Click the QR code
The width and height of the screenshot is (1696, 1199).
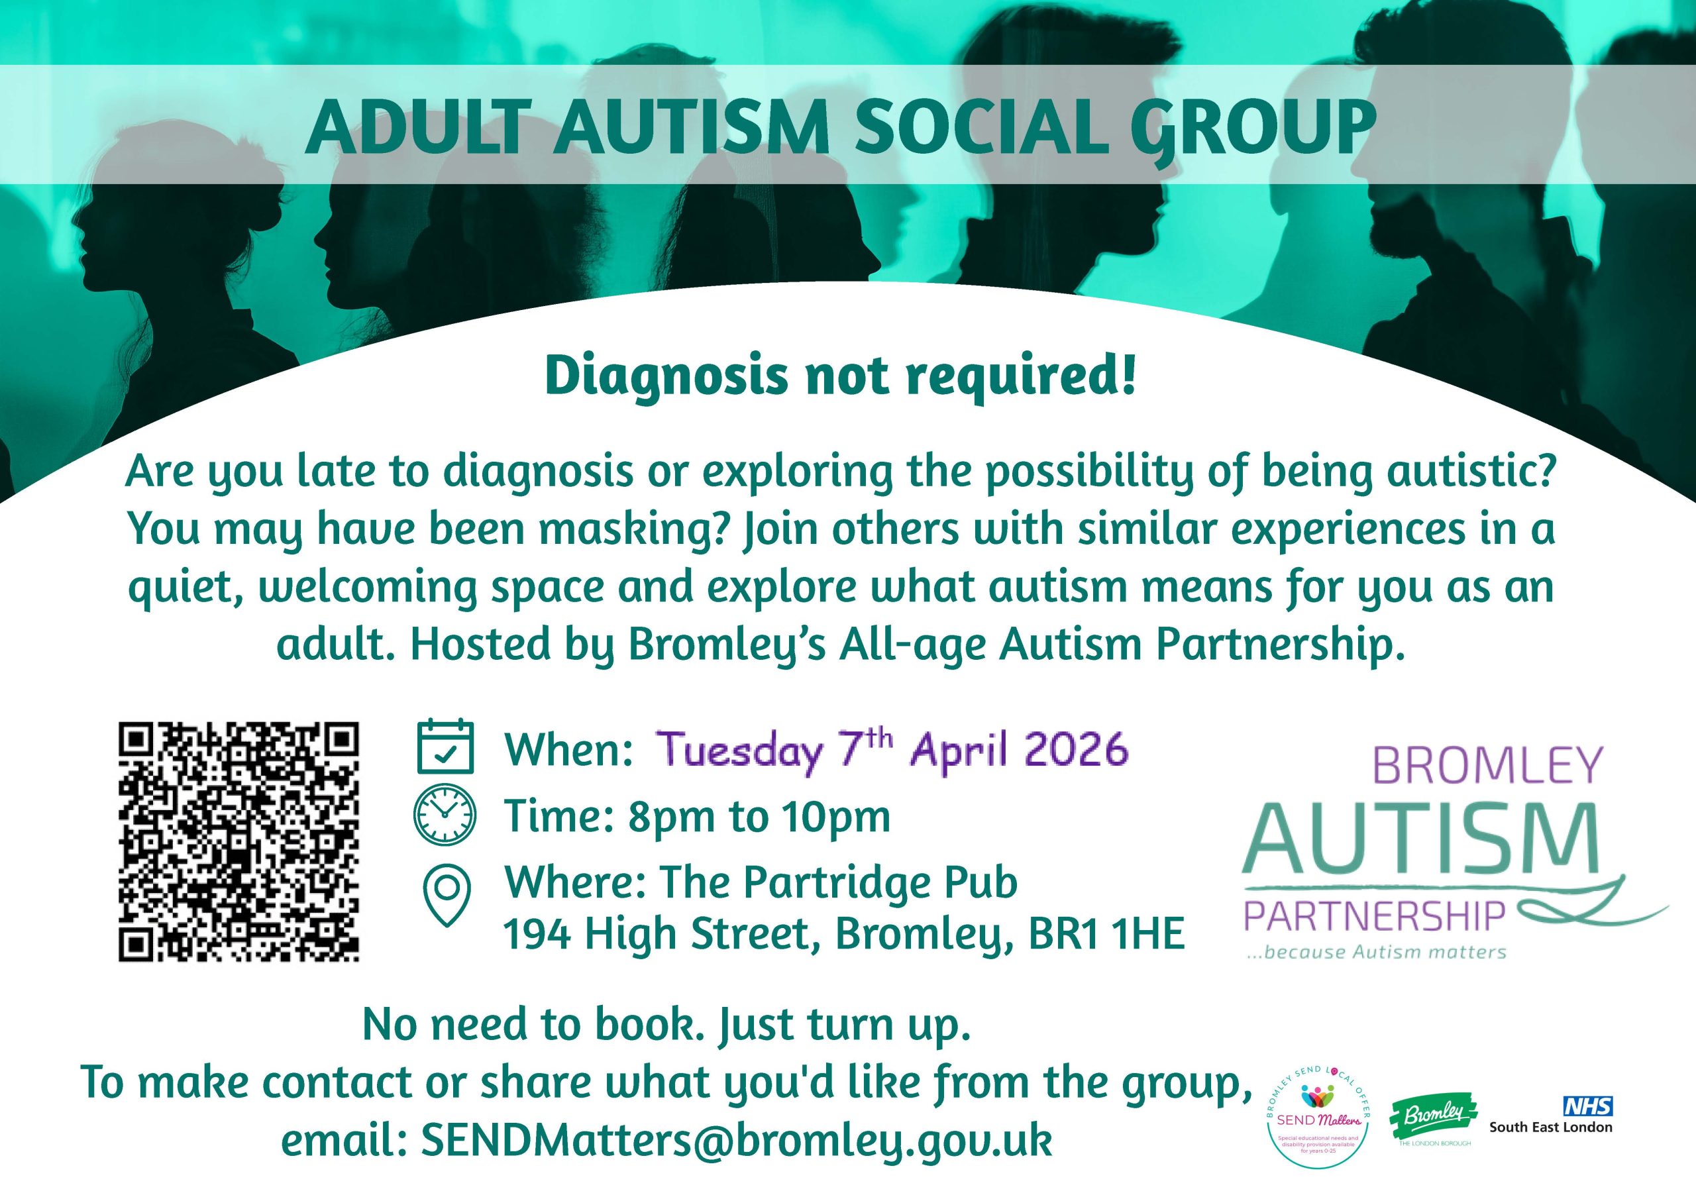(x=238, y=842)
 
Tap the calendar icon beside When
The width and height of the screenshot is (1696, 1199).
(x=445, y=747)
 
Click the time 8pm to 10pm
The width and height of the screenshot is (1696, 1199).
(x=759, y=816)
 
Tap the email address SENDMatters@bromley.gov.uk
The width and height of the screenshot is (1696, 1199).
(x=736, y=1141)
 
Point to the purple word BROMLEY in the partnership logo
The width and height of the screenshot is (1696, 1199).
(x=1486, y=766)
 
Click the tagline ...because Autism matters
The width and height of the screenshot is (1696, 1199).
(x=1376, y=953)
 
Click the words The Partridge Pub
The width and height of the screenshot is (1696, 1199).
(x=839, y=883)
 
